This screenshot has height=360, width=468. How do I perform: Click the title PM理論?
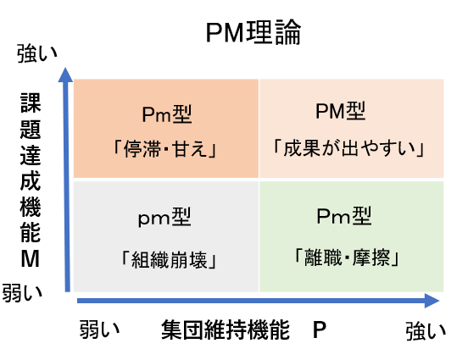point(253,32)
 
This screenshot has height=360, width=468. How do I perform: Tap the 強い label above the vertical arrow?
point(37,53)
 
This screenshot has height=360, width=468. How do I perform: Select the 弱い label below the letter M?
point(22,293)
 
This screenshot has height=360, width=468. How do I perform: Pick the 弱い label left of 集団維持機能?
point(99,329)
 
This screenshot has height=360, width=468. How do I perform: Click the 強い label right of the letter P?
point(426,330)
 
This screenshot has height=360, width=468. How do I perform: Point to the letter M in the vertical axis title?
point(31,258)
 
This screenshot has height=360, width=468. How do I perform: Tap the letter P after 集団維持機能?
point(320,330)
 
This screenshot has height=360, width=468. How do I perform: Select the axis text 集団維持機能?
point(226,330)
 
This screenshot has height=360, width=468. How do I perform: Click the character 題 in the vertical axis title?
point(31,130)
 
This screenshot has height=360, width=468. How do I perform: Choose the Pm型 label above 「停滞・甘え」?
point(166,114)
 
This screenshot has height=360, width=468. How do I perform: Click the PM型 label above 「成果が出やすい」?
point(341,111)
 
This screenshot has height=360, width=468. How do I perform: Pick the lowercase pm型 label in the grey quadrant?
point(164,218)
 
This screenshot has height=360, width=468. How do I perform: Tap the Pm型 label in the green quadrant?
point(344,216)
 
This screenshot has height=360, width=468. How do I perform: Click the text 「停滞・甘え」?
point(164,149)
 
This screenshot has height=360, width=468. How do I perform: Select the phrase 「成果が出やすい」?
point(348,148)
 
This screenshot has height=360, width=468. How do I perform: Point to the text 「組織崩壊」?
point(168,259)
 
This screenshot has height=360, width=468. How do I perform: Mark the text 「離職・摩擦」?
point(346,258)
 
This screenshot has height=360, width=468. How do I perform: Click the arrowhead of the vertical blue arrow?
point(65,74)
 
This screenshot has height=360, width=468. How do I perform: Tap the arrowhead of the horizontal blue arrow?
point(432,301)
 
